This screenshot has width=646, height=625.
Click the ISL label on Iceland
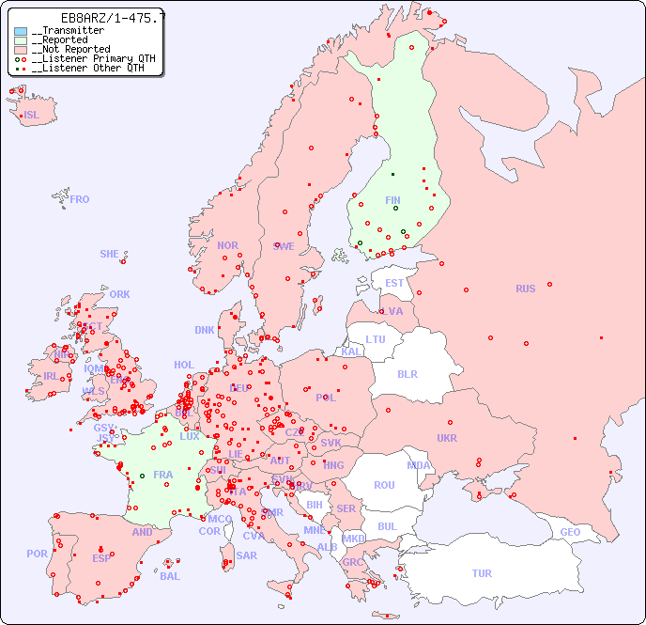(32, 116)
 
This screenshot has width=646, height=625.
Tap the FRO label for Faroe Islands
(80, 199)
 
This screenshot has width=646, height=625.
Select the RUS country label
(525, 289)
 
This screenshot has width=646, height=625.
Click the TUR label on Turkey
(482, 573)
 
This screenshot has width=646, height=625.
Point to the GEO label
(570, 532)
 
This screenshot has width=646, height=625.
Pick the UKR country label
(447, 438)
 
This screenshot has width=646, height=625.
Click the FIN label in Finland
(392, 200)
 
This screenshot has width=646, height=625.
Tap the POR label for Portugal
(37, 554)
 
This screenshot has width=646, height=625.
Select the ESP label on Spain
(101, 557)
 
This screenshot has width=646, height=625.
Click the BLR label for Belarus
(408, 373)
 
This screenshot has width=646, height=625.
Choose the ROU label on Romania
(384, 485)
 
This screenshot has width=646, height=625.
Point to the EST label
(394, 283)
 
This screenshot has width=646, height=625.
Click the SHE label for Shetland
(110, 254)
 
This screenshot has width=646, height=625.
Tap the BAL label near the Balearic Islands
(170, 576)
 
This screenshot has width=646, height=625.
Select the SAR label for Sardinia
(247, 555)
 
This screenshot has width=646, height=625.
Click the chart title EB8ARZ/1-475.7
(100, 18)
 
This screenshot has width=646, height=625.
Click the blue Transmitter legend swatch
(21, 31)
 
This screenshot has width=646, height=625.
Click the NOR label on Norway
(227, 245)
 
